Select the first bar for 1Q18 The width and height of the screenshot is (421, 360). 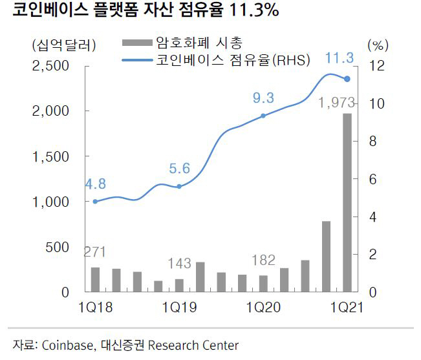pyautogui.click(x=95, y=279)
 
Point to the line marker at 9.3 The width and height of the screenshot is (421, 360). pyautogui.click(x=263, y=116)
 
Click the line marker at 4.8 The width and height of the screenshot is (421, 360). pyautogui.click(x=95, y=202)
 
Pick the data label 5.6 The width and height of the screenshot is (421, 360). pyautogui.click(x=179, y=169)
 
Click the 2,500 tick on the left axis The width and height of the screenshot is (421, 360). pyautogui.click(x=50, y=66)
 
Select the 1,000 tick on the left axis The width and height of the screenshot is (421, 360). pyautogui.click(x=50, y=202)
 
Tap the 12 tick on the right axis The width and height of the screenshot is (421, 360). pyautogui.click(x=377, y=66)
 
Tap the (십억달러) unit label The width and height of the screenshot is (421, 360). pyautogui.click(x=63, y=45)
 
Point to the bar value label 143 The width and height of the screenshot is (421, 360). pyautogui.click(x=179, y=264)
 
